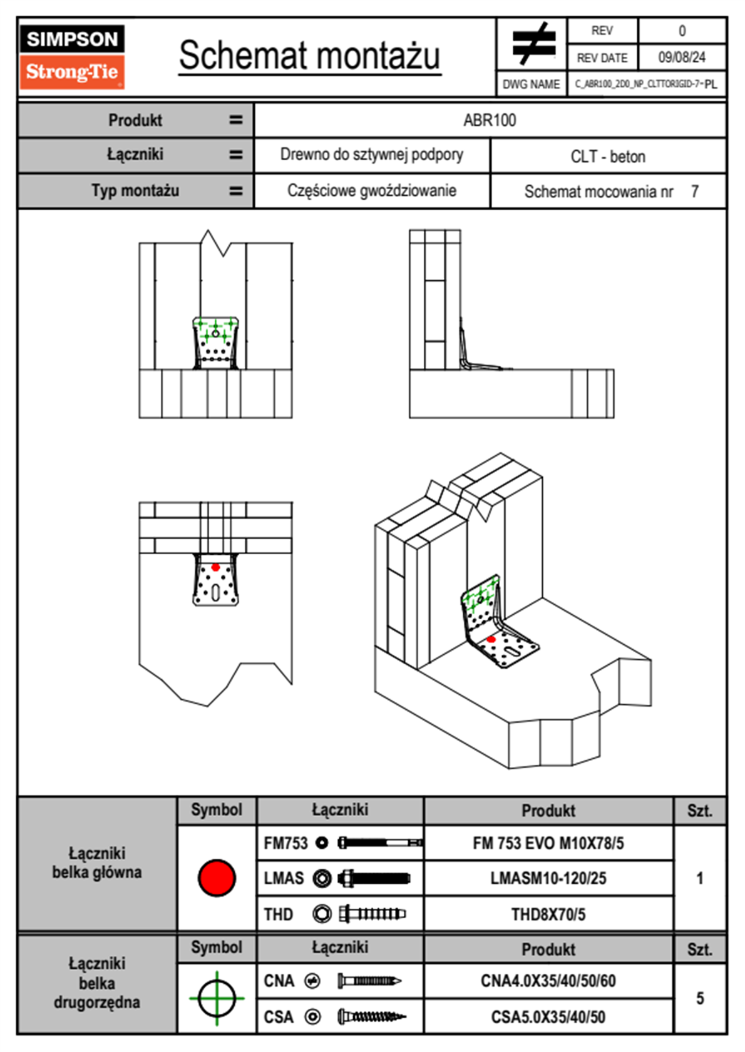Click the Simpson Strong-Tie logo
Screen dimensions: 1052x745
click(x=72, y=56)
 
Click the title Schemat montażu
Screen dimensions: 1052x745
click(x=309, y=56)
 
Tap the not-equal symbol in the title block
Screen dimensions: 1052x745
click(x=533, y=44)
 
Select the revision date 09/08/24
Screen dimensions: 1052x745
click(x=681, y=58)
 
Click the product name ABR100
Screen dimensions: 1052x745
click(x=490, y=120)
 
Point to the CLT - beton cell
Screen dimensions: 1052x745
click(x=607, y=156)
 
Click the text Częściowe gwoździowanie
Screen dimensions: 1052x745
click(x=371, y=191)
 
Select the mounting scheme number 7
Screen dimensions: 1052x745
click(x=694, y=191)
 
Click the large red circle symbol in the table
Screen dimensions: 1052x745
click(x=217, y=878)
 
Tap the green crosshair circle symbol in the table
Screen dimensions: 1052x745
click(x=217, y=998)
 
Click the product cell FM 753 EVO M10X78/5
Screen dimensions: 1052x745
click(x=548, y=843)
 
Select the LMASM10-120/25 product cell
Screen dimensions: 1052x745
click(x=548, y=878)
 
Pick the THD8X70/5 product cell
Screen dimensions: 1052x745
click(x=548, y=914)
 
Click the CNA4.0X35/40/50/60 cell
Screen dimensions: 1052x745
click(x=548, y=981)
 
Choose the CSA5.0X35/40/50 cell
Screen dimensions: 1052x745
click(x=548, y=1017)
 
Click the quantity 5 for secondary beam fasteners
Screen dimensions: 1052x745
click(x=699, y=998)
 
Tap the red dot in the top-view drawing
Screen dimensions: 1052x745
click(x=215, y=567)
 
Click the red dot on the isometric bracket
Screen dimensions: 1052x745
click(x=491, y=639)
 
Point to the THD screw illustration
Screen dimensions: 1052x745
click(x=372, y=914)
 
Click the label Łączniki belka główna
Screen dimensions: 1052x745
click(x=97, y=862)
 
